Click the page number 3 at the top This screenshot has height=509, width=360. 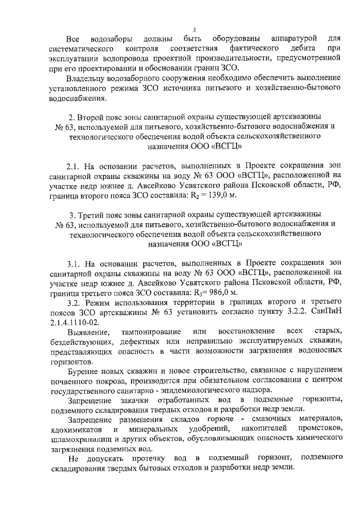tap(193, 29)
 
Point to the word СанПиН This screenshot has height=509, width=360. tap(327, 313)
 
